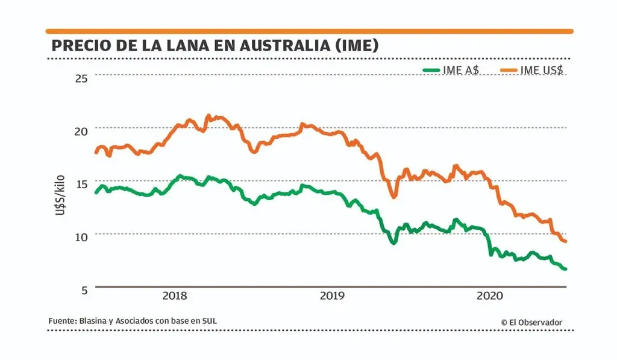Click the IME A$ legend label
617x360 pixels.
pyautogui.click(x=461, y=70)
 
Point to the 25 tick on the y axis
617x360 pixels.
pyautogui.click(x=81, y=78)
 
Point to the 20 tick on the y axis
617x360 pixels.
pyautogui.click(x=81, y=131)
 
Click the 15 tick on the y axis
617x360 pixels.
pyautogui.click(x=81, y=183)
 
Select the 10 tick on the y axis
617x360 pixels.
pyautogui.click(x=81, y=236)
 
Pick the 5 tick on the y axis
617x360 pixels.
pyautogui.click(x=83, y=289)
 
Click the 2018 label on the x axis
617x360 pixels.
pyautogui.click(x=175, y=296)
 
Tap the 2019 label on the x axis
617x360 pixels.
pyautogui.click(x=332, y=296)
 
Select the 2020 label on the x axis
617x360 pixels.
pyautogui.click(x=489, y=296)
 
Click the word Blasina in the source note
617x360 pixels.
pyautogui.click(x=92, y=321)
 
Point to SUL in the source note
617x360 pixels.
pyautogui.click(x=208, y=321)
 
